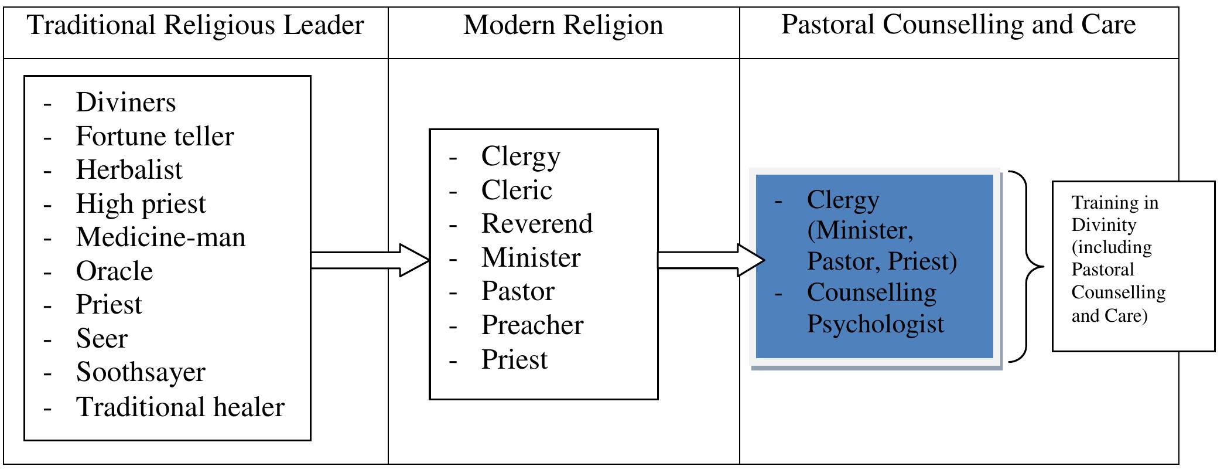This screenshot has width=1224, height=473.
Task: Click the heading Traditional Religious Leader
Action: [196, 26]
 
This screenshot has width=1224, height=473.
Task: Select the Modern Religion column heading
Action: [563, 26]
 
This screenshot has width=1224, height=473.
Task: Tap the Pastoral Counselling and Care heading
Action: [958, 25]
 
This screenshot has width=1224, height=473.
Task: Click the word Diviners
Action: [126, 103]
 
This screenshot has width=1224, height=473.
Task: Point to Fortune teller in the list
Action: [155, 137]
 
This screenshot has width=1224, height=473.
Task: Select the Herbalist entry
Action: [129, 170]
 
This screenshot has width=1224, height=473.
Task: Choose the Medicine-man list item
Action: [160, 237]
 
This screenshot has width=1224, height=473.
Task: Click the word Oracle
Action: [114, 271]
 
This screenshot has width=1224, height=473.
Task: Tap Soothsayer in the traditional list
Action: [141, 372]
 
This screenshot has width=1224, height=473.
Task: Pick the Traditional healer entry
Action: [180, 407]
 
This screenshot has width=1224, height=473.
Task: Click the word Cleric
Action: [517, 190]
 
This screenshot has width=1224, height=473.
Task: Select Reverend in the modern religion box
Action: [536, 224]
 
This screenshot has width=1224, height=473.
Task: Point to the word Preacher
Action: [532, 325]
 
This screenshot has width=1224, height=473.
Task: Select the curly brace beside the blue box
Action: [1028, 267]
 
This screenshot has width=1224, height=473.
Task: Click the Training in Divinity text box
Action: [1133, 267]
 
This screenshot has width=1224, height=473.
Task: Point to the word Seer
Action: [101, 339]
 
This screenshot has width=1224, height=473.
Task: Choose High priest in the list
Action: [141, 204]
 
